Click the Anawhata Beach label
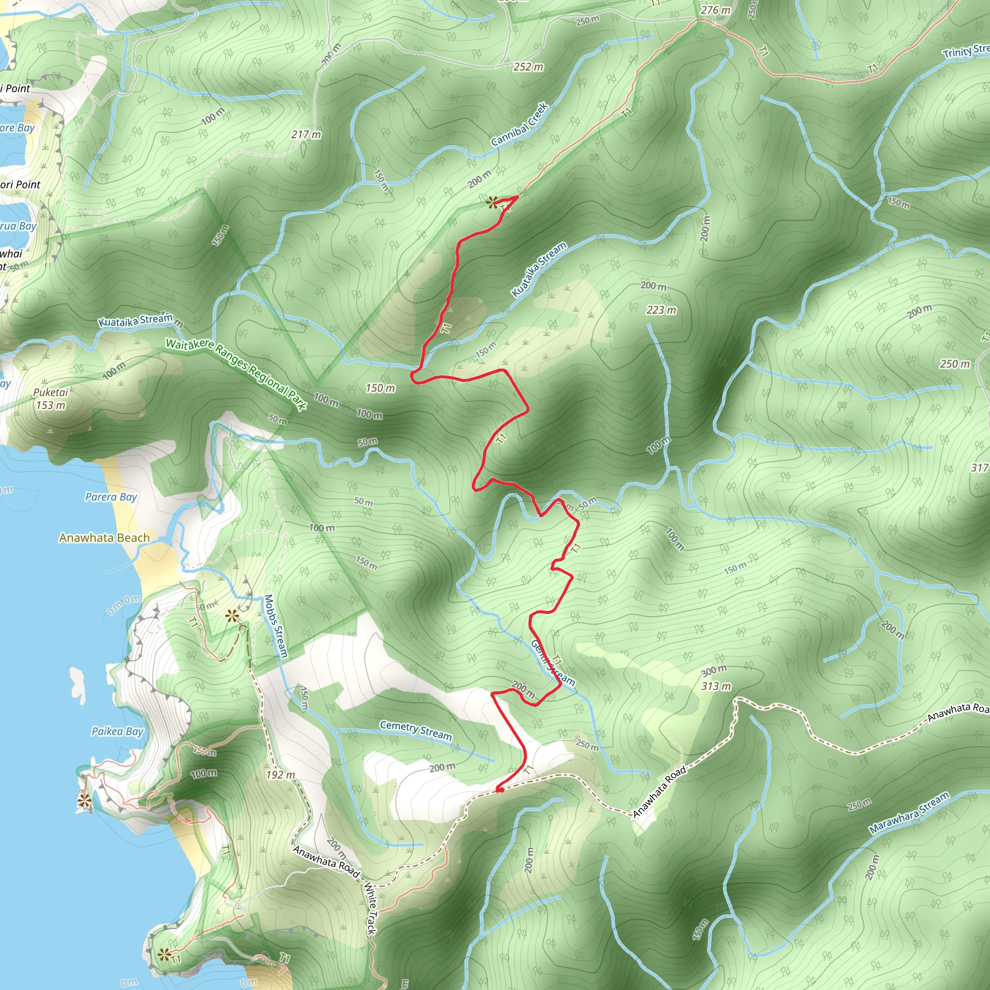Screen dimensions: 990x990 click(x=104, y=538)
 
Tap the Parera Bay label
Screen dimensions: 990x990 click(x=111, y=497)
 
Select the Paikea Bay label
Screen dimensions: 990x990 click(x=117, y=731)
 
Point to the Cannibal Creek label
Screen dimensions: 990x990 click(x=520, y=125)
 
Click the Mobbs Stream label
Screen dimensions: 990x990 click(x=276, y=626)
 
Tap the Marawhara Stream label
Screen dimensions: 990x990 click(x=909, y=813)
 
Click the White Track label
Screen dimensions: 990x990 click(x=370, y=907)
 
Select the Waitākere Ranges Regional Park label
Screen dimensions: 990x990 click(x=236, y=374)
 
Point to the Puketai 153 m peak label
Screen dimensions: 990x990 click(x=51, y=399)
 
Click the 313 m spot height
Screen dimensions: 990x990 click(x=716, y=686)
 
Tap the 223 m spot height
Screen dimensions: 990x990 click(x=661, y=310)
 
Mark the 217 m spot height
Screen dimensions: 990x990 click(x=306, y=135)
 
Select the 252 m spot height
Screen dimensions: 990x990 click(x=528, y=67)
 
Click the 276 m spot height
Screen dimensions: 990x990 click(x=715, y=10)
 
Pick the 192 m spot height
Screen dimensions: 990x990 click(x=280, y=775)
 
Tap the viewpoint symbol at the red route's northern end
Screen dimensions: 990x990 click(x=493, y=203)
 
